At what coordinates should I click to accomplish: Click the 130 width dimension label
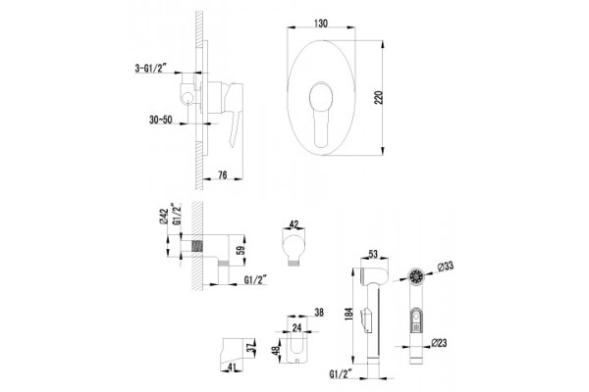pyautogui.click(x=320, y=24)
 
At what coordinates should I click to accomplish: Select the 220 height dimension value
pyautogui.click(x=379, y=98)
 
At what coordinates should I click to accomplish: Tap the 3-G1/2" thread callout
pyautogui.click(x=150, y=68)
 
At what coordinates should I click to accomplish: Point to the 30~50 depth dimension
pyautogui.click(x=160, y=120)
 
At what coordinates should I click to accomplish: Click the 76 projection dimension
pyautogui.click(x=223, y=174)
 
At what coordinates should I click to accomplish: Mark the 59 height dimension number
pyautogui.click(x=241, y=250)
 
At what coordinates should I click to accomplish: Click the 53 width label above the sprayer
pyautogui.click(x=373, y=254)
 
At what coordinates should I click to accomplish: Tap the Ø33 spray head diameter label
pyautogui.click(x=445, y=267)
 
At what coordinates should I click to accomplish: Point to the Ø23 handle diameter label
pyautogui.click(x=439, y=342)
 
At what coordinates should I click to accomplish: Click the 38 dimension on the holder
pyautogui.click(x=319, y=312)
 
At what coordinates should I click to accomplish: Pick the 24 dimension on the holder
pyautogui.click(x=296, y=327)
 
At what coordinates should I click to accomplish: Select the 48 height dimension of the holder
pyautogui.click(x=276, y=351)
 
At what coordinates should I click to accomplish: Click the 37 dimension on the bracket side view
pyautogui.click(x=250, y=349)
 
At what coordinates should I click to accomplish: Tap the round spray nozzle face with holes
pyautogui.click(x=416, y=277)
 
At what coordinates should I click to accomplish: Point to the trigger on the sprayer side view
pyautogui.click(x=366, y=318)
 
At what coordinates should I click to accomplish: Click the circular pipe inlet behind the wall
pyautogui.click(x=187, y=98)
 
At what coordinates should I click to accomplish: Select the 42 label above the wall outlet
pyautogui.click(x=294, y=224)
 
